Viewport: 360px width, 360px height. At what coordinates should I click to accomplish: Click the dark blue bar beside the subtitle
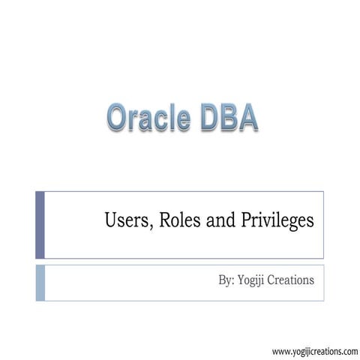(x=40, y=224)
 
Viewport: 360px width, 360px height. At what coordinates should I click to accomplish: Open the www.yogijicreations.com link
(x=315, y=349)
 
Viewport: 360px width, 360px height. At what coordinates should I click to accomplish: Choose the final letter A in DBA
(x=249, y=118)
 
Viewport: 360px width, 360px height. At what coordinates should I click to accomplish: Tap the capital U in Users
(x=109, y=222)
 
